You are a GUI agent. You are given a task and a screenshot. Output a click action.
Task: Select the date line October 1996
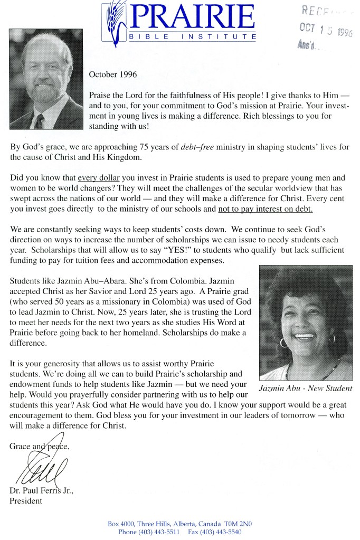pyautogui.click(x=112, y=74)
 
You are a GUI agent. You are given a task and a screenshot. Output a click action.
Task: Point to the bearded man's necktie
pyautogui.click(x=39, y=121)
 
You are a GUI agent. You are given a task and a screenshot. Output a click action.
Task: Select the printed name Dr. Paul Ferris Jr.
pyautogui.click(x=41, y=491)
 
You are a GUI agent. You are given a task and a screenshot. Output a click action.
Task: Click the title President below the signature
pyautogui.click(x=25, y=500)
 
